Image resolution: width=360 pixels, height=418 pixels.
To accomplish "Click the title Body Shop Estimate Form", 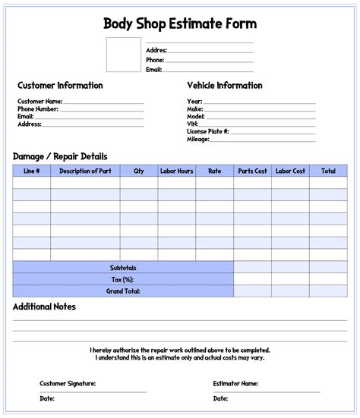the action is (180, 24).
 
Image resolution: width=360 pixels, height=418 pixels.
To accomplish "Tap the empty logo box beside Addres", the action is (124, 54).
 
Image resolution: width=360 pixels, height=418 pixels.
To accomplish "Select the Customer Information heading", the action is (60, 86).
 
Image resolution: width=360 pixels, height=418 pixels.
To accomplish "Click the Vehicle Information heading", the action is (225, 86).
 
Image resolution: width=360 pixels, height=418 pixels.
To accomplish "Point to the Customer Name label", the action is (39, 101).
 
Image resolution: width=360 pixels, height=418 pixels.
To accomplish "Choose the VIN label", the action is (192, 124).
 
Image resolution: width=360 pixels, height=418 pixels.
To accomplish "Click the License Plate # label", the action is (207, 131).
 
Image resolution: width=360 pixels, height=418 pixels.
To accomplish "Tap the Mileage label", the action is (199, 139).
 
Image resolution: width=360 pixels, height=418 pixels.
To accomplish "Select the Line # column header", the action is (32, 171).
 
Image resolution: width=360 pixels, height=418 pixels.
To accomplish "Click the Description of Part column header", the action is (85, 171).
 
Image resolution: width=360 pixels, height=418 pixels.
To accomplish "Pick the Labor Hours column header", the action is (176, 171).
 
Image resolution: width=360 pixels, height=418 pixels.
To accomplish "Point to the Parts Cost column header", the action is (252, 171).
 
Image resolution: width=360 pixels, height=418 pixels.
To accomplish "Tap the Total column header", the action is (328, 171).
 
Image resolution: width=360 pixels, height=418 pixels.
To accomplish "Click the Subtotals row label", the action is (123, 268).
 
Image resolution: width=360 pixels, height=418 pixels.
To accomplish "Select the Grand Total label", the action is (123, 291).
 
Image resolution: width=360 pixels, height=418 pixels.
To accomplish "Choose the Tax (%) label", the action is (123, 279).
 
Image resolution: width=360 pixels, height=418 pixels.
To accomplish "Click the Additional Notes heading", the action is (44, 307).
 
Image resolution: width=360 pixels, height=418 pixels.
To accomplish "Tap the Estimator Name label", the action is (236, 384).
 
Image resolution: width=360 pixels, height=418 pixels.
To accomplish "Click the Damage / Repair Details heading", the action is (60, 156).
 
